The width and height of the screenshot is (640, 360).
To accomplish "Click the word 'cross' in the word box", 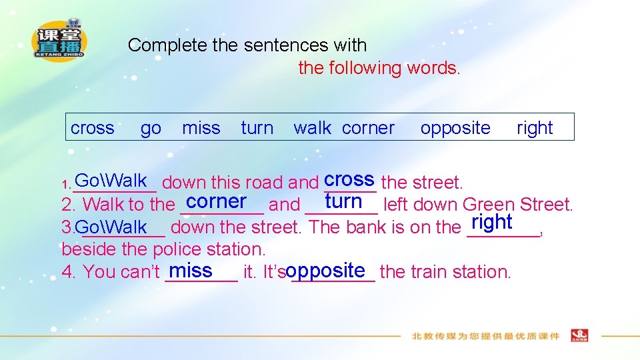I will pos(92,128).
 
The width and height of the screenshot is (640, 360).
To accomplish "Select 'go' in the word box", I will pos(151,128).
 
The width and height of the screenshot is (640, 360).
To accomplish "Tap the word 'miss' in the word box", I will pos(201,128).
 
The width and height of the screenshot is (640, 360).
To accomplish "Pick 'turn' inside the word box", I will pos(257,128).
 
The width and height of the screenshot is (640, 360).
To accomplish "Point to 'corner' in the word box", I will pos(368,128).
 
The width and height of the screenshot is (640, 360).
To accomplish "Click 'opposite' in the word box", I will pos(455,128).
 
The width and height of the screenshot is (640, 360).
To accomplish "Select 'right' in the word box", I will pos(535,128).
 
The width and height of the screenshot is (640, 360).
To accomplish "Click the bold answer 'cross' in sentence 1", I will pos(349,179).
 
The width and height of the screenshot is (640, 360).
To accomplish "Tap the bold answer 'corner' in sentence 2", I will pos(217,201).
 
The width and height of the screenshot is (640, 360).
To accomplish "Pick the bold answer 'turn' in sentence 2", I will pos(343,201).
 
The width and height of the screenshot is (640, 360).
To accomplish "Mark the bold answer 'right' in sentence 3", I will pos(491,222).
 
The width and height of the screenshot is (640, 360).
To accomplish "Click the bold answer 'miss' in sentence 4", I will pos(191,270).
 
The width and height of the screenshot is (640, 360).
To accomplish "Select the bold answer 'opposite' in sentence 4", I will pos(326,270).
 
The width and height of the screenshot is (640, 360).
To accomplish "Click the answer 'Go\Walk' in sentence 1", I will pos(111,180).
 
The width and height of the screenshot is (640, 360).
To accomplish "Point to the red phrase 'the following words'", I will pos(378,68).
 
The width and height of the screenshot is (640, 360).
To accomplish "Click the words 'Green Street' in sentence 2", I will pos(517,205).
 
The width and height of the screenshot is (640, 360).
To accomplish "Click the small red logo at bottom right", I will pos(579,335).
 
